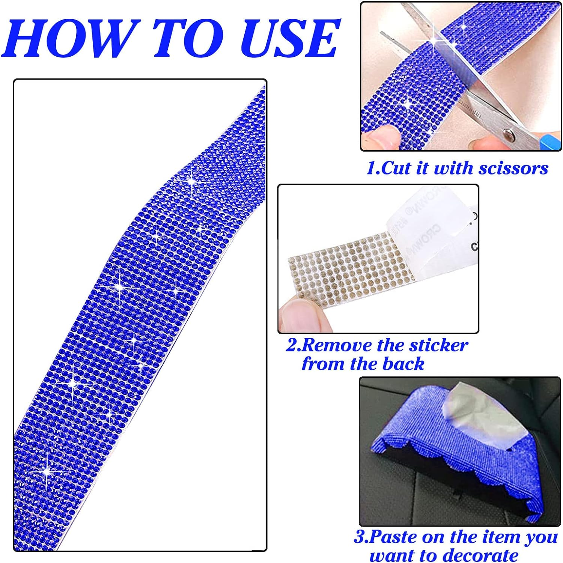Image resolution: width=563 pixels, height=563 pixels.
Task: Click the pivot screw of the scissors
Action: coord(509,132)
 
